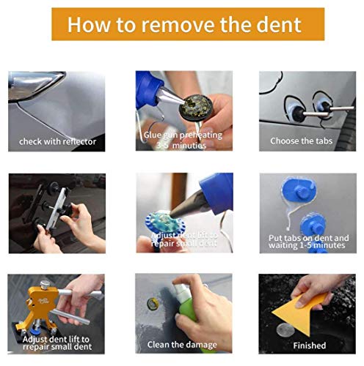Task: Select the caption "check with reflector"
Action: pos(57,141)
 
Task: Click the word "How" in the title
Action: pos(88,25)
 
